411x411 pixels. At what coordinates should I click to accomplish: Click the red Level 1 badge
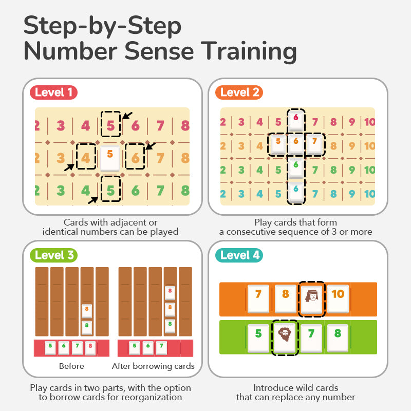point(53,93)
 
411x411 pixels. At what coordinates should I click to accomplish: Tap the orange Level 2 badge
point(239,93)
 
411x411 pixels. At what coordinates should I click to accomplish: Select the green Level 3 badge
point(54,255)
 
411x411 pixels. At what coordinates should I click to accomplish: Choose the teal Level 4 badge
point(240,255)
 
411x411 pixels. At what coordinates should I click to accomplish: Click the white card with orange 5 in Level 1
point(110,158)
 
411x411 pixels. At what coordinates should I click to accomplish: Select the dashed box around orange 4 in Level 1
point(86,156)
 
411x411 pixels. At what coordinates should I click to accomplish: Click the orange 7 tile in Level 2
point(314,143)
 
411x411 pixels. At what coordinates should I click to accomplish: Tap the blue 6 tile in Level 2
point(295,191)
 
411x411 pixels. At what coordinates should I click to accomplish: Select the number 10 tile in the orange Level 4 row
point(338,298)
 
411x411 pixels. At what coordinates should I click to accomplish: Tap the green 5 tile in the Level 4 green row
point(258,337)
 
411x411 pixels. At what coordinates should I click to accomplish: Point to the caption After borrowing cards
point(153,366)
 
